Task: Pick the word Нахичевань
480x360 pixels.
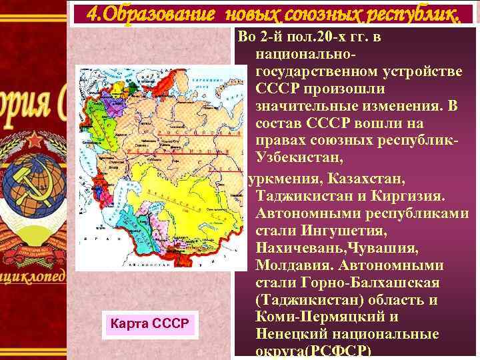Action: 300,249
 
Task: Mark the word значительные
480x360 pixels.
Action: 306,107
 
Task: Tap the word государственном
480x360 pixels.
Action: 316,71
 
